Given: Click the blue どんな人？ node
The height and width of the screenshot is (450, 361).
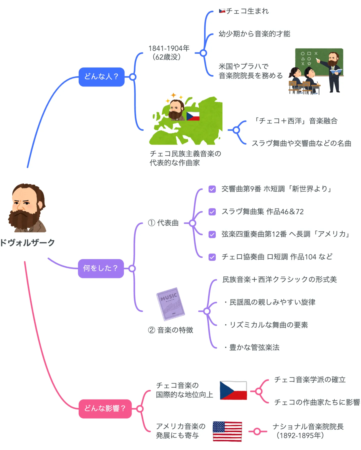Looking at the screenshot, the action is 101,77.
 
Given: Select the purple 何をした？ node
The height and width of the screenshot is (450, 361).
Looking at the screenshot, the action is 101,268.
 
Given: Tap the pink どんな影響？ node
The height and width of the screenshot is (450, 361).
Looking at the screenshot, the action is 105,408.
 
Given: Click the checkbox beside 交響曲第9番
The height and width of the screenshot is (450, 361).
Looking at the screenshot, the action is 212,189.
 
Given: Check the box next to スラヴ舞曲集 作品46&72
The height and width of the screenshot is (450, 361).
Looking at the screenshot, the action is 212,212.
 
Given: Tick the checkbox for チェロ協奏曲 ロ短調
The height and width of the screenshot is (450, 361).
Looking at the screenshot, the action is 212,257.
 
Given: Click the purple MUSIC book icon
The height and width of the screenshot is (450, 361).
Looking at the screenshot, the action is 170,304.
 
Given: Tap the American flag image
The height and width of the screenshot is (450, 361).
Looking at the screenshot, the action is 227,431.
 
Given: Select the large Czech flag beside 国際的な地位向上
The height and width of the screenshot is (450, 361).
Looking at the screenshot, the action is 233,390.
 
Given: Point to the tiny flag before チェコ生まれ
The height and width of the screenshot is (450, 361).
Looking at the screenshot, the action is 222,11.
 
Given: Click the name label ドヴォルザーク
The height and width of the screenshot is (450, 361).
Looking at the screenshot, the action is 27,242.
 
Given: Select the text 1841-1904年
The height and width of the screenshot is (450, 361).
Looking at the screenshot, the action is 169,48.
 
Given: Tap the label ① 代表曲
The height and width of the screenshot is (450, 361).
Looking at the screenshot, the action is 163,223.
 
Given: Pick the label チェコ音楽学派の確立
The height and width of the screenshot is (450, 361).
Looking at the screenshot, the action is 310,379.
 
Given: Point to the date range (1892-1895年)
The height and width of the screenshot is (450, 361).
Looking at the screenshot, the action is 300,435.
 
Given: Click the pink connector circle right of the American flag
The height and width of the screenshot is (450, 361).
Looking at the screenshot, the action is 257,431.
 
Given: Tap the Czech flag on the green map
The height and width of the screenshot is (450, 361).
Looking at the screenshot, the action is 193,116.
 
